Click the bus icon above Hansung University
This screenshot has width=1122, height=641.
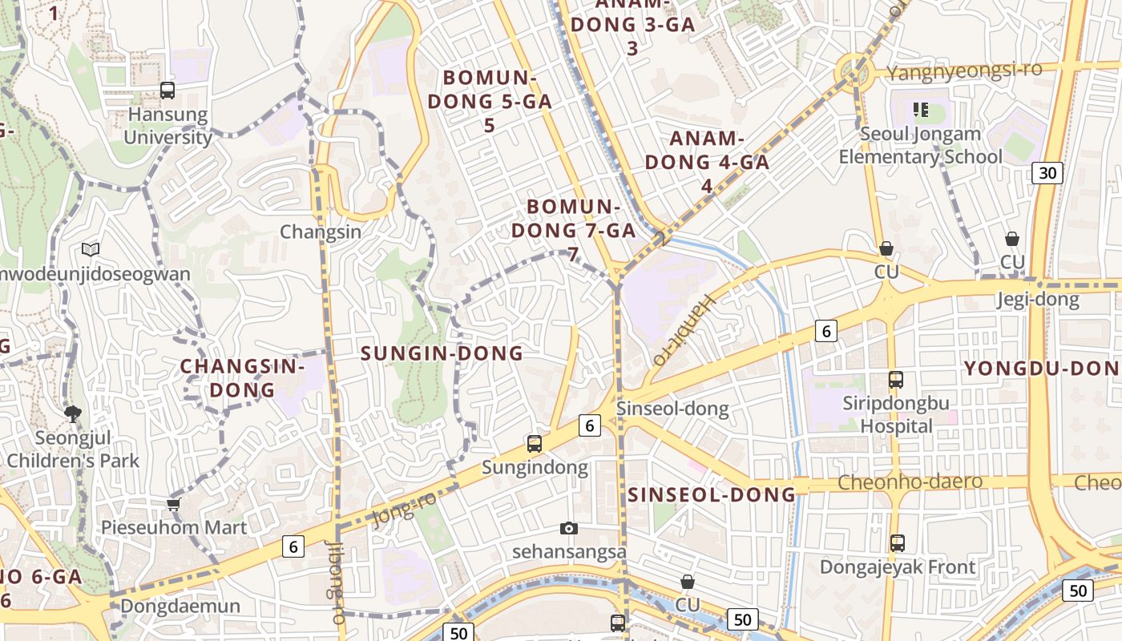pos(167,91)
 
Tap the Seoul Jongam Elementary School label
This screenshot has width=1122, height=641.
pos(920,145)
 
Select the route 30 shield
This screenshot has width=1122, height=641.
pos(1047,172)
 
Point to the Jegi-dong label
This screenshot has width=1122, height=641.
pos(1038,300)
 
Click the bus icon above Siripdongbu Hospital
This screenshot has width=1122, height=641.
pos(896,380)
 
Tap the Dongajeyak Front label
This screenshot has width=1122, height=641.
pos(897,567)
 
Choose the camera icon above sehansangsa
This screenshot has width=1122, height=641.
pos(569,529)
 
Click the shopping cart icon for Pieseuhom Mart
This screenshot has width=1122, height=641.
pos(174,504)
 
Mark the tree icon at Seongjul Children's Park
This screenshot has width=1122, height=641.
pos(73,414)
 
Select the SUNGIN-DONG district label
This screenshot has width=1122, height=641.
pos(442,353)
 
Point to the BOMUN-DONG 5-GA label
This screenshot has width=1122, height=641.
pos(489,101)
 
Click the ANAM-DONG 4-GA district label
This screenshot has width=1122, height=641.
pos(707,162)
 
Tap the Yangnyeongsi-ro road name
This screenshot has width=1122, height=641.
pos(964,71)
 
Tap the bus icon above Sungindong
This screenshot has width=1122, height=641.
pos(535,444)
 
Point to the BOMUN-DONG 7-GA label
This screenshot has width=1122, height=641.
pos(573,230)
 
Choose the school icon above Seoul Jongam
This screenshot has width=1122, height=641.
pos(920,109)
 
